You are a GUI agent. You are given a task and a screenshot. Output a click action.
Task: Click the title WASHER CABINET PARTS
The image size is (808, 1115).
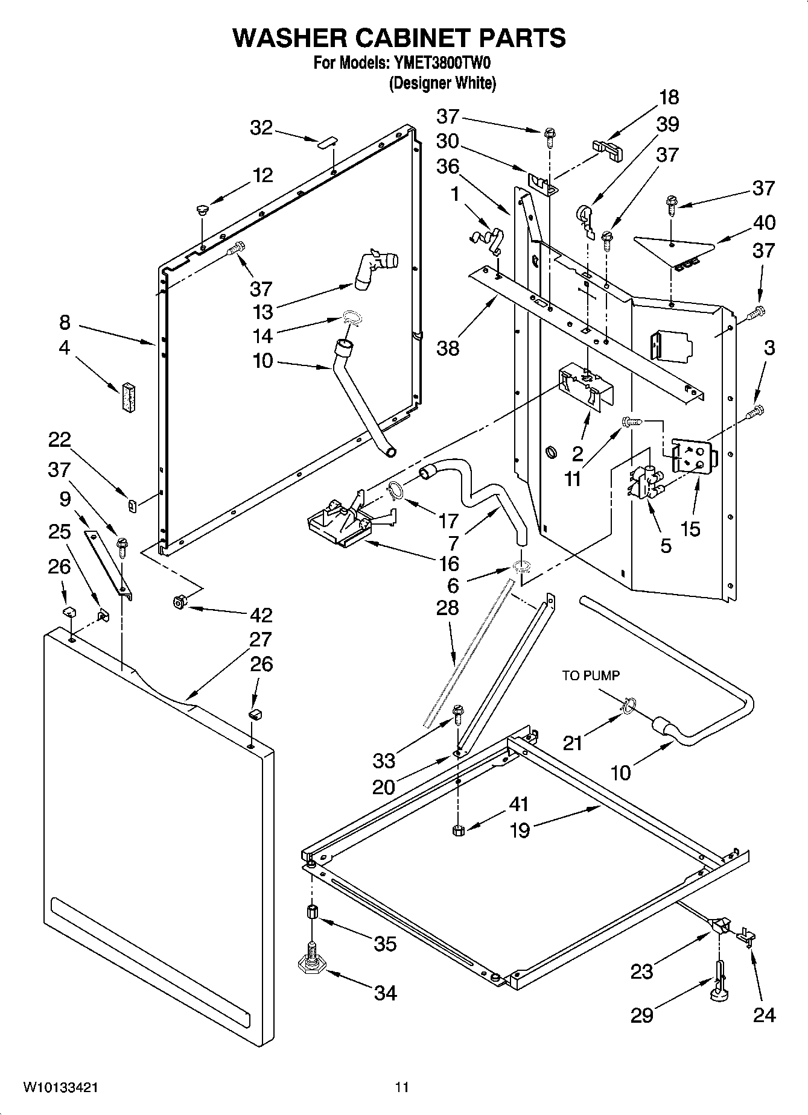(399, 37)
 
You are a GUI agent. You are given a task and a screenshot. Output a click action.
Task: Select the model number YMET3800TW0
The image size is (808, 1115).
(446, 63)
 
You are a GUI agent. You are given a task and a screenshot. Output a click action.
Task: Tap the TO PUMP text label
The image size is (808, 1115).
(591, 676)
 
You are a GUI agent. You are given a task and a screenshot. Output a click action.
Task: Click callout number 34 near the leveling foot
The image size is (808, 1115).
(385, 992)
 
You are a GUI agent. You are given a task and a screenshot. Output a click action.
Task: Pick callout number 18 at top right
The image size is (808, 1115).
(669, 97)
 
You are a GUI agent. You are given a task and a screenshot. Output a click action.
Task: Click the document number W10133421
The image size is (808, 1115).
(61, 1087)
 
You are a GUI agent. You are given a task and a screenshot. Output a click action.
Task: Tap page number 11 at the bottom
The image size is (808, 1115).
(402, 1087)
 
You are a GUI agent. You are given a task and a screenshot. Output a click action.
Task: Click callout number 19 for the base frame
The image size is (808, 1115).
(519, 830)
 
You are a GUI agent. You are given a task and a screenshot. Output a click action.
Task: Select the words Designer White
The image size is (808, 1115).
(442, 83)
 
